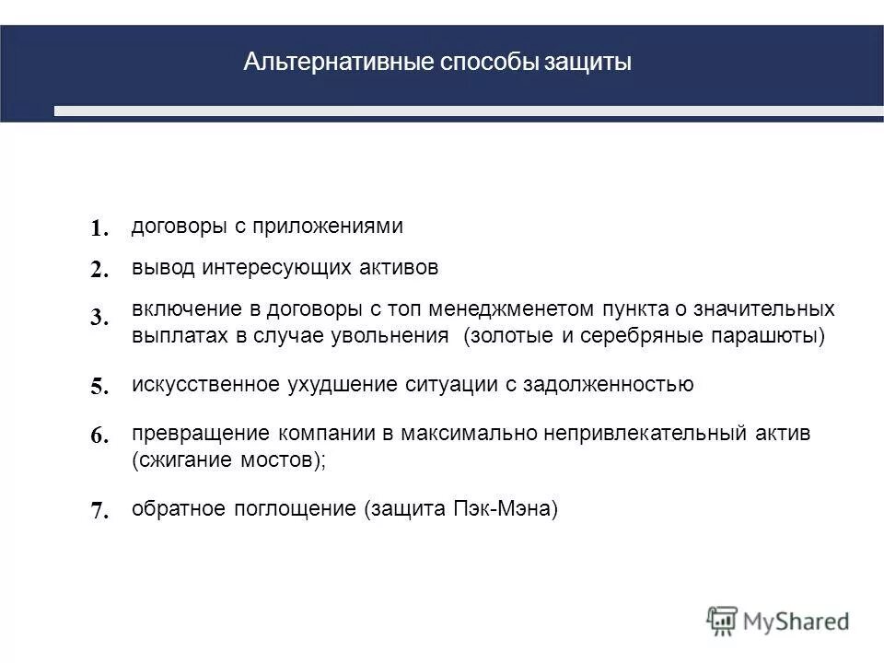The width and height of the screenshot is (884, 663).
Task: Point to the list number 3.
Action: [100, 319]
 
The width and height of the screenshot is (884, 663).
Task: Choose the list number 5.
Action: [100, 388]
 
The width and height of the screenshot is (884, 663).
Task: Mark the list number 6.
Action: [100, 437]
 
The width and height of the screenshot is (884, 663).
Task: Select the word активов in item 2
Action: [398, 267]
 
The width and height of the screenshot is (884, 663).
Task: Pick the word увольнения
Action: [399, 335]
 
